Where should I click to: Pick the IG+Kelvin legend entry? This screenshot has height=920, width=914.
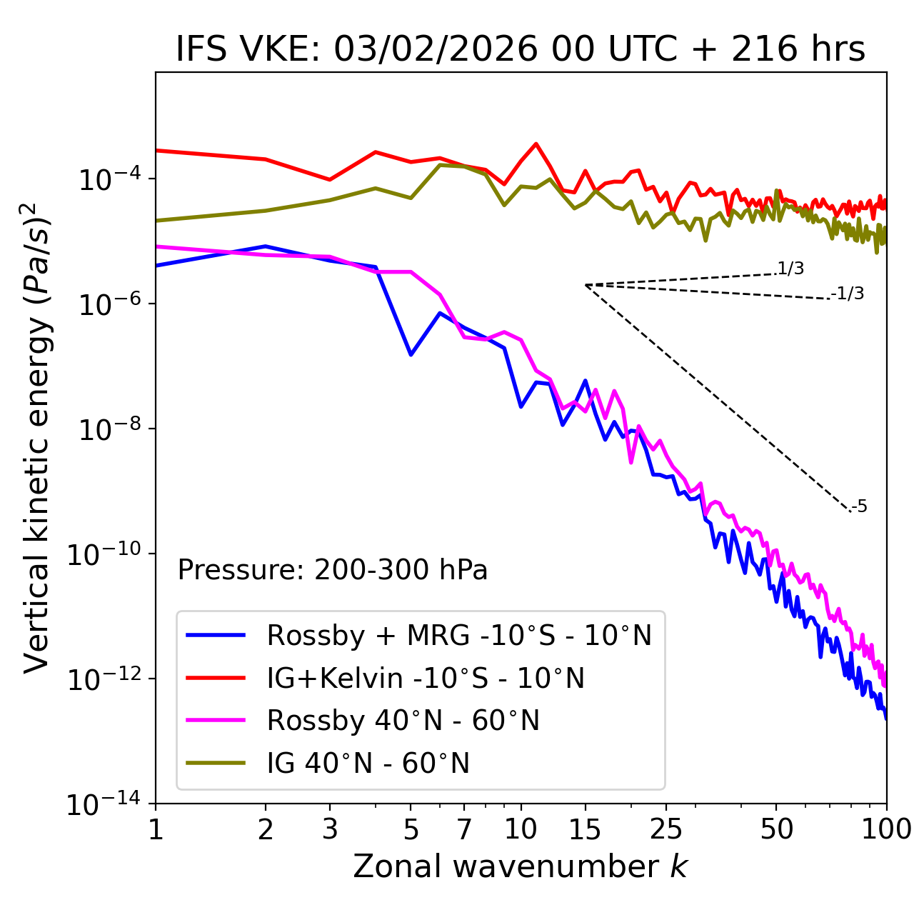coord(426,678)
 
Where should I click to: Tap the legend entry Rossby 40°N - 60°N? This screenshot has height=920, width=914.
coord(403,721)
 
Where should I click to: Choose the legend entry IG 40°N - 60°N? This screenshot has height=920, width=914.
coord(368,764)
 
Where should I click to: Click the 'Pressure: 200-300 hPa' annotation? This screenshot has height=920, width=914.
coord(333,570)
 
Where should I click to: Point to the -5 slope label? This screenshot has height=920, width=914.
coord(859,507)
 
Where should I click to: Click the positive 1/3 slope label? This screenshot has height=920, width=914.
coord(790,269)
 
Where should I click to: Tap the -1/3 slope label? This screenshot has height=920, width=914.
coord(848,294)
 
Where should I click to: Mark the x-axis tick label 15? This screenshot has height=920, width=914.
coord(585,829)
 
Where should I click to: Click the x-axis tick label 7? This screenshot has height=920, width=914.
coord(464,829)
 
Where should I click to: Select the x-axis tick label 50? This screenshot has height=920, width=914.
coord(776,829)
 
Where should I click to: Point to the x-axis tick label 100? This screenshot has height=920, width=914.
coord(886,829)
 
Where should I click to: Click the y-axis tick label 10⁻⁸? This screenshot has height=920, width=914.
coord(107,429)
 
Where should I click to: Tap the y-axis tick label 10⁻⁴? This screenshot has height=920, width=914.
coord(107,179)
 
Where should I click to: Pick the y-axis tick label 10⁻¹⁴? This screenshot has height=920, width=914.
coord(104,804)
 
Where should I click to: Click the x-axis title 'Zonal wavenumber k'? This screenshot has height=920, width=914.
coord(520,866)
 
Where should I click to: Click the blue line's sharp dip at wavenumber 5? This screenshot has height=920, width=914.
coord(411,354)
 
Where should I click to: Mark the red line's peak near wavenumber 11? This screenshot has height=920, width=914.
coord(536,144)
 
